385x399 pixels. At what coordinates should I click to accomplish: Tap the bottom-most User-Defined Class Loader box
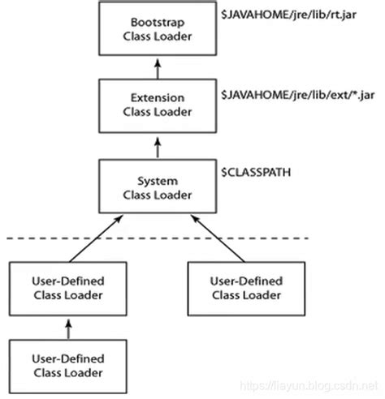67,367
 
